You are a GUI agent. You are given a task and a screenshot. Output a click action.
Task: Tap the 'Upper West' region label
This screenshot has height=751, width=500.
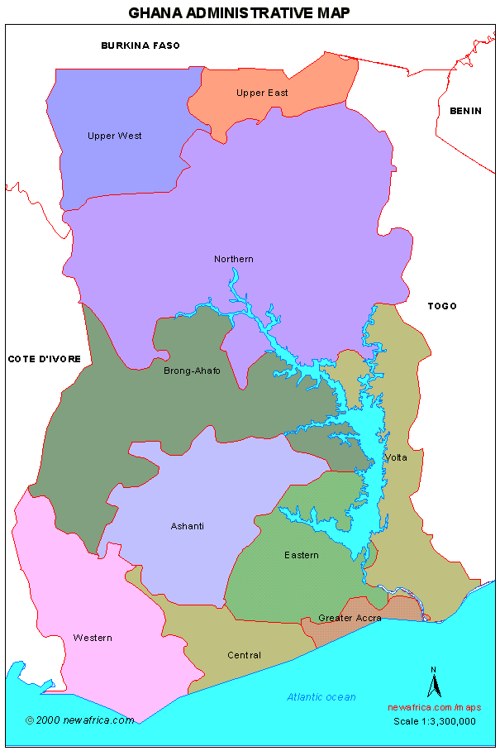tap(114, 136)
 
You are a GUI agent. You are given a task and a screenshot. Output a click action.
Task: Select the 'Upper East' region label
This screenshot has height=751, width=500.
tap(262, 93)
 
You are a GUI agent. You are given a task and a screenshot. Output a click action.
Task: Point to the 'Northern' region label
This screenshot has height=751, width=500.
tap(234, 259)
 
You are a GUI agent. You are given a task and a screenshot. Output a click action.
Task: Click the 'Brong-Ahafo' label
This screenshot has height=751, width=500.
tap(192, 371)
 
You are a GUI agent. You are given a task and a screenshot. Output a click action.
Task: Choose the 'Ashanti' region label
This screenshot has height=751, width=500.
tap(187, 526)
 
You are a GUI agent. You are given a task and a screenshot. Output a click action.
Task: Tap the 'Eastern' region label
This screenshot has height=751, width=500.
tap(301, 555)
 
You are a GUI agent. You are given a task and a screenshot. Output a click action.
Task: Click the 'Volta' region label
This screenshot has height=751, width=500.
tap(396, 457)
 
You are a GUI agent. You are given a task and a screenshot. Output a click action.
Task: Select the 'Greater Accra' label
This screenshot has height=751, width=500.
tap(350, 618)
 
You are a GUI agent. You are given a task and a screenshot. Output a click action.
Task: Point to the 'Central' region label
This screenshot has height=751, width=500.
tap(244, 655)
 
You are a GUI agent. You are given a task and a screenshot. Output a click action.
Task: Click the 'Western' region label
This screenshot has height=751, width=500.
tap(92, 638)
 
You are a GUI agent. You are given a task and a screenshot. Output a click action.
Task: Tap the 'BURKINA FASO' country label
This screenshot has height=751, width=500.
tap(140, 45)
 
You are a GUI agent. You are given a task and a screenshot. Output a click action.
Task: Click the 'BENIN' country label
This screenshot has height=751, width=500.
tap(465, 111)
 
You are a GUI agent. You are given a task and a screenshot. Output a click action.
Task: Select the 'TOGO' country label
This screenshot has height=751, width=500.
tap(442, 306)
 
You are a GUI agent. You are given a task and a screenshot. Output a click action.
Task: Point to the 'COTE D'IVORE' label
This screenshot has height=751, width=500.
tap(45, 359)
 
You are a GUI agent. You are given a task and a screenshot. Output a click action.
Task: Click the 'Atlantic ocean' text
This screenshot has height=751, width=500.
tap(321, 697)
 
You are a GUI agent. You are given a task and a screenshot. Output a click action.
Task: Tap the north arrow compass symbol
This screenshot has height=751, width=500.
tap(431, 683)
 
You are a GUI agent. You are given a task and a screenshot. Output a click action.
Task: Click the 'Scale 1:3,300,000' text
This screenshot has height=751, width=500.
tap(434, 720)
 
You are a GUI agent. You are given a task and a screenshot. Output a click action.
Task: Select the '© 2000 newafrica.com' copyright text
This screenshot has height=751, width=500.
tap(79, 720)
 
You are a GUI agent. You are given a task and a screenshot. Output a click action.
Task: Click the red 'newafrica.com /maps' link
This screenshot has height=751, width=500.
tap(434, 707)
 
